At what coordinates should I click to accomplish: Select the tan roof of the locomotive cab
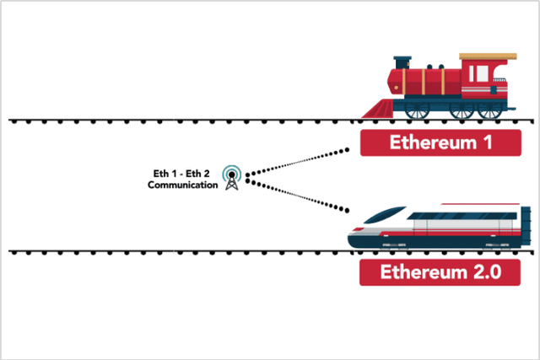(x=488, y=57)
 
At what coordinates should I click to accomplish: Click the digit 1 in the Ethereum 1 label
(x=487, y=143)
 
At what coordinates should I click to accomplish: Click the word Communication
(x=181, y=185)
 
